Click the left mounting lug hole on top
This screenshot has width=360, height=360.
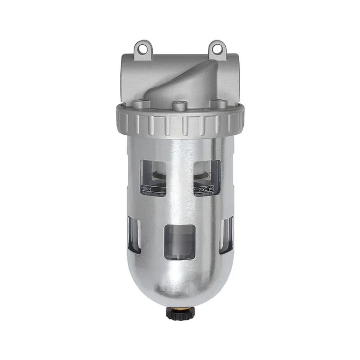pyautogui.click(x=142, y=50)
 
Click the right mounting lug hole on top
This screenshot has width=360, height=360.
pyautogui.click(x=217, y=50)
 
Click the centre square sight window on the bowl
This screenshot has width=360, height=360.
pyautogui.click(x=179, y=242)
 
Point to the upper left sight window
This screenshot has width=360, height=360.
pyautogui.click(x=153, y=177)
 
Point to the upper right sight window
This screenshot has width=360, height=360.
pyautogui.click(x=207, y=177)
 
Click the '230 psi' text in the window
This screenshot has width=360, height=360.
pyautogui.click(x=209, y=189)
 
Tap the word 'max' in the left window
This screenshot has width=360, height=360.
pyautogui.click(x=149, y=189)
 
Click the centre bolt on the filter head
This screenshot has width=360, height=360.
pyautogui.click(x=179, y=106)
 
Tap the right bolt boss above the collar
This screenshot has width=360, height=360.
pyautogui.click(x=219, y=104)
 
